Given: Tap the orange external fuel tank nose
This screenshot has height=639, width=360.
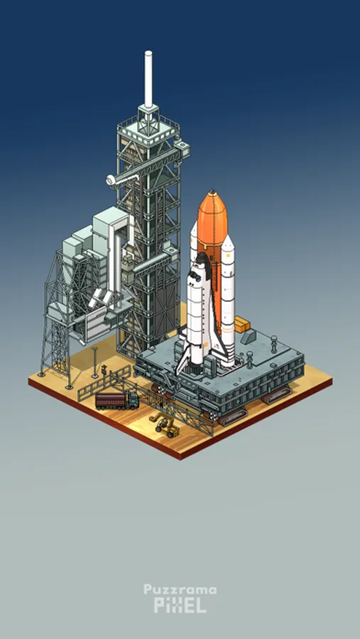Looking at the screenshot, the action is click(x=212, y=204).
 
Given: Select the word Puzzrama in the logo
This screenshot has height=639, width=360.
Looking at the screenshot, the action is click(x=180, y=591).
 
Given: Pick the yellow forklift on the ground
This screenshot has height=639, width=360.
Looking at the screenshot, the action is click(x=164, y=425).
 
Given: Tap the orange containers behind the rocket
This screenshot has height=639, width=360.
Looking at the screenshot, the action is click(x=242, y=324).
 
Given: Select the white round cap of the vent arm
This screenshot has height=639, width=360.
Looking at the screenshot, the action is click(x=111, y=180).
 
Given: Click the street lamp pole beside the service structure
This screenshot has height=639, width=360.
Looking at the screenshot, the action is click(x=94, y=362).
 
